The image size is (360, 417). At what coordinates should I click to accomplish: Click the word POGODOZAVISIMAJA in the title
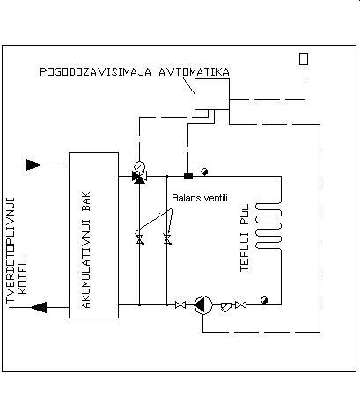(x=96, y=72)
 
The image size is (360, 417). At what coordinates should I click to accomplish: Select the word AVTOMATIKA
(x=195, y=72)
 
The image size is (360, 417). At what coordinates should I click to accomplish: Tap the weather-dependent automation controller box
(x=212, y=94)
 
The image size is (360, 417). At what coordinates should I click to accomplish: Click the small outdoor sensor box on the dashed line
(x=304, y=59)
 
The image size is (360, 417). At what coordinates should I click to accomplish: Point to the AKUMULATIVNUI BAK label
(x=86, y=250)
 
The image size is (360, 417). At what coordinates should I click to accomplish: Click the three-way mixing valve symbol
(x=139, y=177)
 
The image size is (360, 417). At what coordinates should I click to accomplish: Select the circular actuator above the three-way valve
(x=140, y=166)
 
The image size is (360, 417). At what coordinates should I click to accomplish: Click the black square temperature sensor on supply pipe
(x=188, y=176)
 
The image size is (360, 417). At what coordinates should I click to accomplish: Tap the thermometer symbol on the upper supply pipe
(x=204, y=172)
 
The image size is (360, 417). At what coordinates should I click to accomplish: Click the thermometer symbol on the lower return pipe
(x=264, y=300)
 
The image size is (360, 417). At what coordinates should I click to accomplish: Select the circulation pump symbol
(x=203, y=305)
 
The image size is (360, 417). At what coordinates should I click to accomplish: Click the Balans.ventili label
(x=200, y=198)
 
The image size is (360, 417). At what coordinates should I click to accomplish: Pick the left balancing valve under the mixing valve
(x=140, y=239)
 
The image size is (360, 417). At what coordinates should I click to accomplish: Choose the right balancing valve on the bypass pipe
(x=167, y=239)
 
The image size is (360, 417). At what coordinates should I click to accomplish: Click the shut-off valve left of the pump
(x=180, y=305)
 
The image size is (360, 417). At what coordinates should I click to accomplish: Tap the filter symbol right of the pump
(x=225, y=306)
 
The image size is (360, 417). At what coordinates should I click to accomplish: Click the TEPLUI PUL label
(x=245, y=238)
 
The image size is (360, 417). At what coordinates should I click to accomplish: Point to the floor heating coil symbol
(x=268, y=226)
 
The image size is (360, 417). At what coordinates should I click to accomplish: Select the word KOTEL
(x=23, y=276)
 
